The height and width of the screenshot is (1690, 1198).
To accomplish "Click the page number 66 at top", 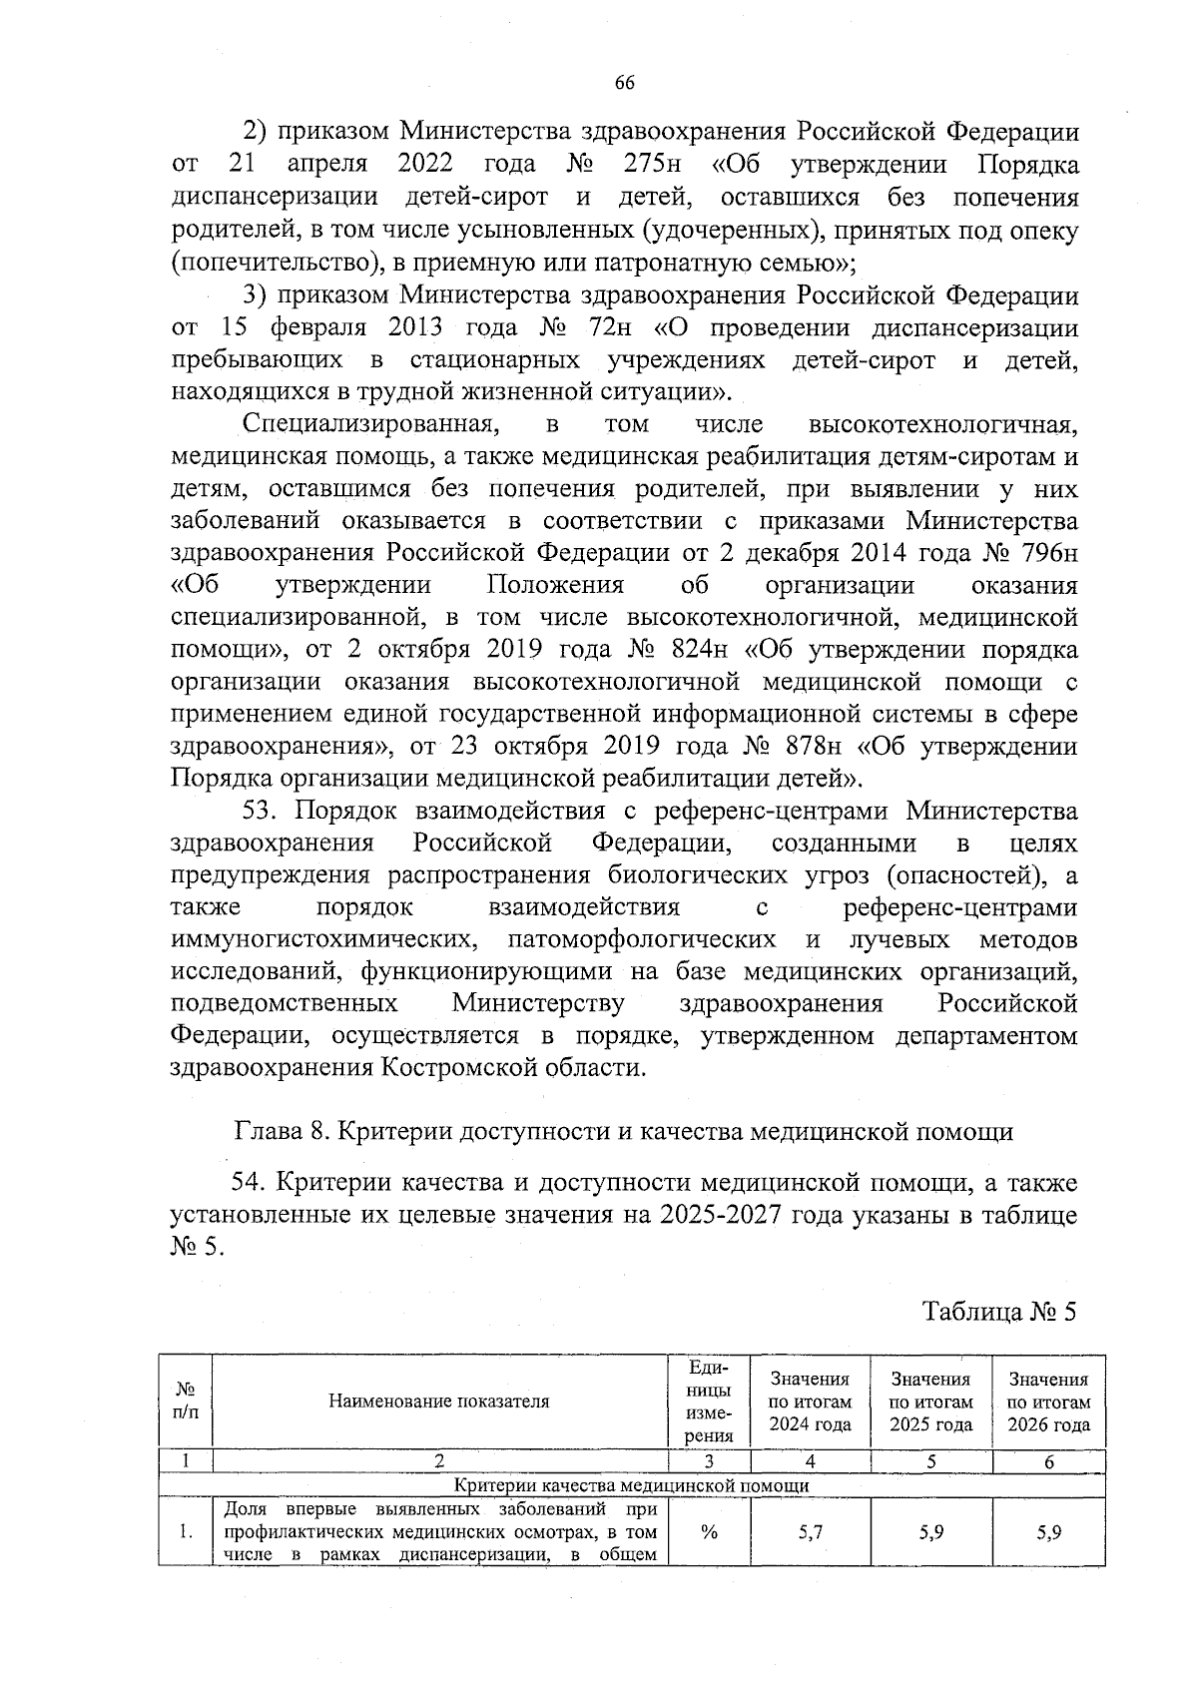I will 625,84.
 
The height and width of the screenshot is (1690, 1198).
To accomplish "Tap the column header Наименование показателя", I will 439,1402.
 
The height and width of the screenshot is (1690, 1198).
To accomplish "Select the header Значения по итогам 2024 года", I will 810,1402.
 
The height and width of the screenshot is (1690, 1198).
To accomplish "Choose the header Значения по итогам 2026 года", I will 1048,1402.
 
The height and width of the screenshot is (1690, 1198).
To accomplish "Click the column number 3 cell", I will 709,1462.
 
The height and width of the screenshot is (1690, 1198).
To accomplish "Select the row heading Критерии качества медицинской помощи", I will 631,1485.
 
